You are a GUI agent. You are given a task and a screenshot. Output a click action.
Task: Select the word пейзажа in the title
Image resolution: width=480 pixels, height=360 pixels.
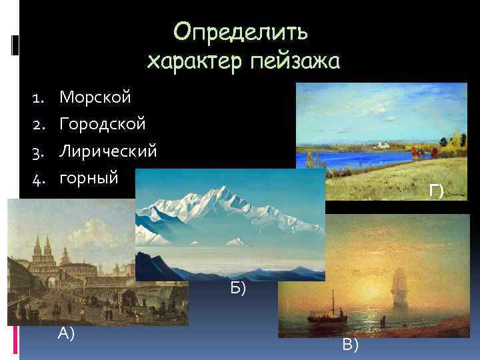click(x=295, y=62)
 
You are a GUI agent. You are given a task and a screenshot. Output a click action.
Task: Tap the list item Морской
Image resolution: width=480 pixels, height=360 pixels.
click(x=95, y=97)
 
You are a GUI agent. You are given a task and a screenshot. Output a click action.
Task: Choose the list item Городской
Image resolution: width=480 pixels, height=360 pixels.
click(x=103, y=124)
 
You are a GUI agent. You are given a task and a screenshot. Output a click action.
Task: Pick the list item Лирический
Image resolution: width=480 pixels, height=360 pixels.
click(x=109, y=151)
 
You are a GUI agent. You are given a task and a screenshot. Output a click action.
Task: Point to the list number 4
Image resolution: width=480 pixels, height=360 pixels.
click(x=37, y=178)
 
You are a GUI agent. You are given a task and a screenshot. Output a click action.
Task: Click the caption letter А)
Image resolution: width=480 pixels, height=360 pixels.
click(x=65, y=333)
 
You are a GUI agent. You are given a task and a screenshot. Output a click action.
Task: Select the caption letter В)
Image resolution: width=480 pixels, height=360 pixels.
click(x=350, y=344)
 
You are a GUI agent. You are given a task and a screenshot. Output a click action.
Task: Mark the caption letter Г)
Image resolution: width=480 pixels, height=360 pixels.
click(x=437, y=192)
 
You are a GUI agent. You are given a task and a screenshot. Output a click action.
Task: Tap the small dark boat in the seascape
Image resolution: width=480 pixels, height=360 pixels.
click(x=333, y=309)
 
